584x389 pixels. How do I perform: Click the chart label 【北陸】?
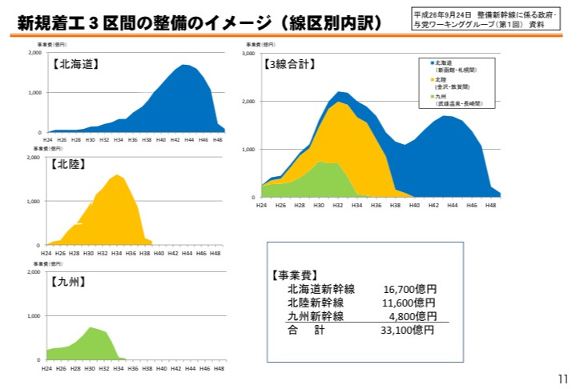click(x=69, y=164)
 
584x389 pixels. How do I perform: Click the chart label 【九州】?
click(x=69, y=281)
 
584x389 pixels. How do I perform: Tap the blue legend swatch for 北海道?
click(x=432, y=62)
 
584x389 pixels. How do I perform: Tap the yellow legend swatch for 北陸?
click(x=432, y=80)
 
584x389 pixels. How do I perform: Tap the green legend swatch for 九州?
click(x=432, y=98)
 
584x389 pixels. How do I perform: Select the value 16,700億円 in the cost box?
click(x=409, y=289)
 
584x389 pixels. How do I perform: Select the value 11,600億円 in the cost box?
click(x=409, y=303)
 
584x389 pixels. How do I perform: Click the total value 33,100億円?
click(x=408, y=330)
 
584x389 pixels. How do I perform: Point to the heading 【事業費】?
click(x=295, y=275)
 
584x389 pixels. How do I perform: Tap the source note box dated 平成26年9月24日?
click(x=485, y=19)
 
